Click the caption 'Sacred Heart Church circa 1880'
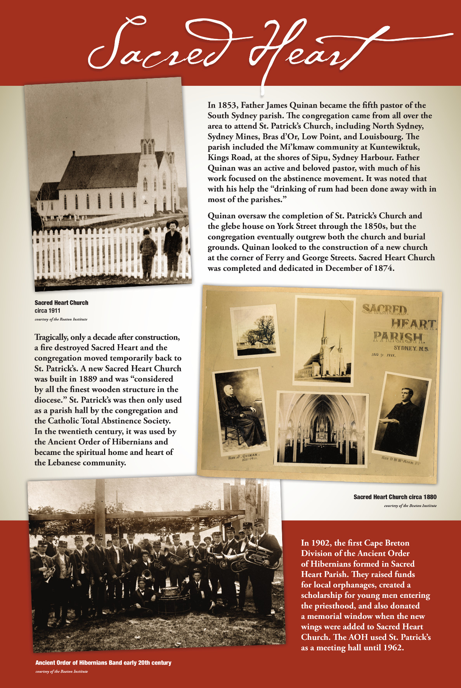pyautogui.click(x=395, y=497)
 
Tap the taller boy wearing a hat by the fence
pyautogui.click(x=172, y=249)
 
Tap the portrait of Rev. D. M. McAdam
pyautogui.click(x=401, y=416)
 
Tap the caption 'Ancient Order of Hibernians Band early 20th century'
pyautogui.click(x=103, y=663)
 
